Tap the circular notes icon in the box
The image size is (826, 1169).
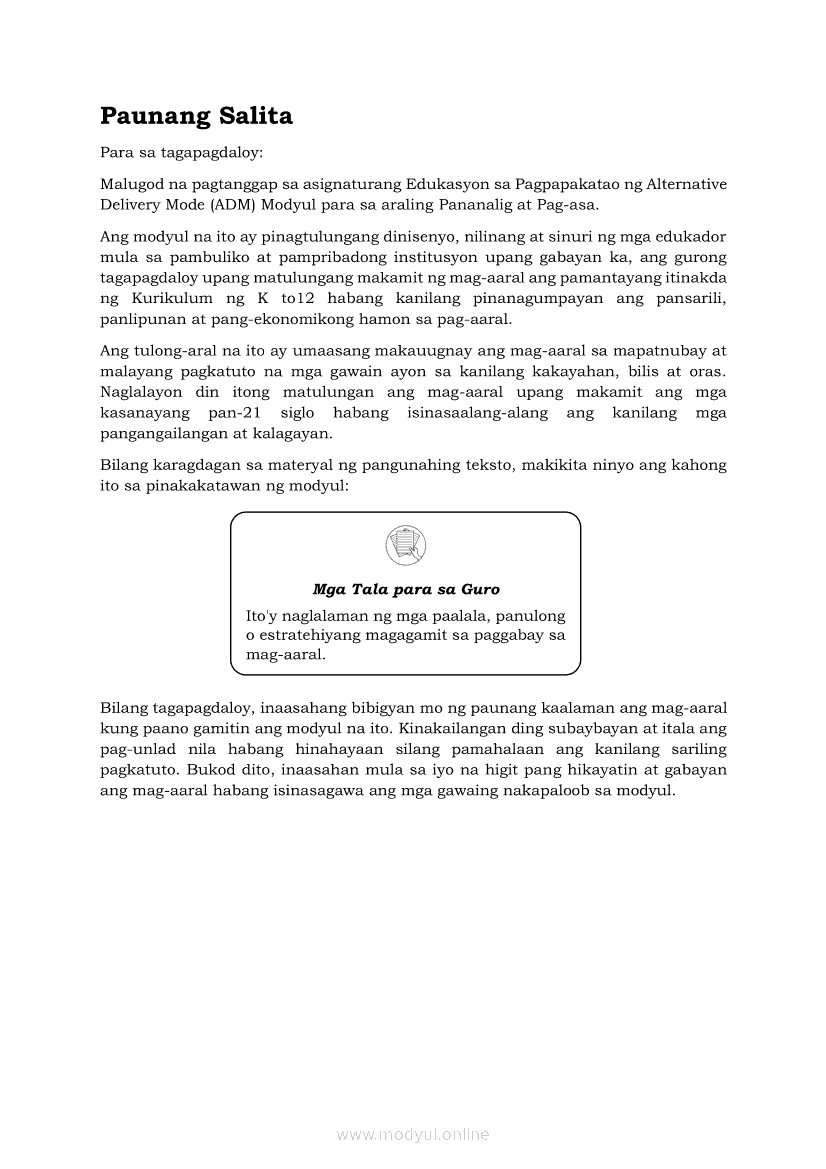pyautogui.click(x=405, y=545)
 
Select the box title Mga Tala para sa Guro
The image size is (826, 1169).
pyautogui.click(x=406, y=590)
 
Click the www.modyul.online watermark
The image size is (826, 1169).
pyautogui.click(x=413, y=1135)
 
